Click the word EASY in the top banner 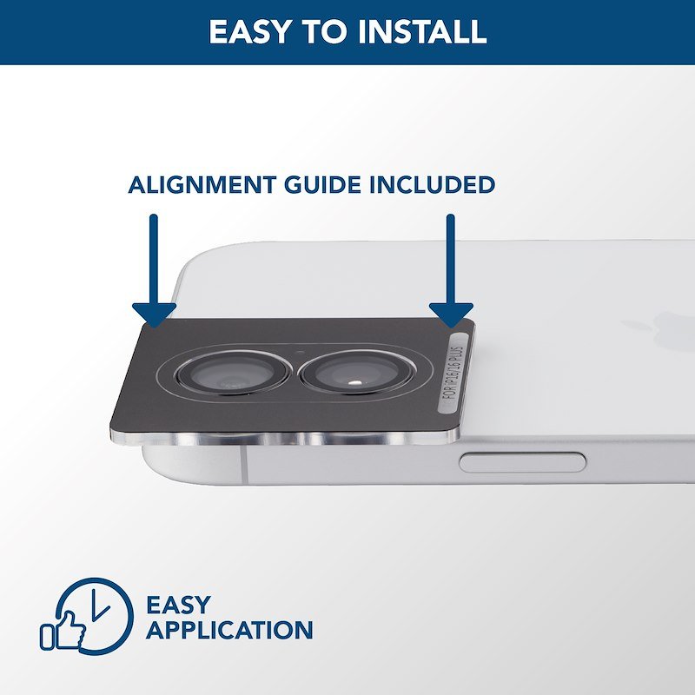click(x=249, y=31)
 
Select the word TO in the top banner click(x=324, y=31)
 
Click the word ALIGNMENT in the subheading click(x=202, y=184)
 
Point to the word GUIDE click(x=322, y=184)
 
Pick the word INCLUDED click(x=432, y=184)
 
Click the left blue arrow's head click(x=154, y=315)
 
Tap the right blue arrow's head click(x=451, y=315)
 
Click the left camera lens click(x=233, y=373)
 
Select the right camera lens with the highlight click(x=357, y=373)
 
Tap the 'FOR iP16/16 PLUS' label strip click(x=453, y=374)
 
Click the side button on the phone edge click(x=522, y=462)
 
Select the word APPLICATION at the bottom click(x=229, y=630)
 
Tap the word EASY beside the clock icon click(x=178, y=605)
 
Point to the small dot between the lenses click(x=301, y=354)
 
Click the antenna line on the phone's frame click(x=243, y=465)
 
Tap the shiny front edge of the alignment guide click(x=284, y=439)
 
